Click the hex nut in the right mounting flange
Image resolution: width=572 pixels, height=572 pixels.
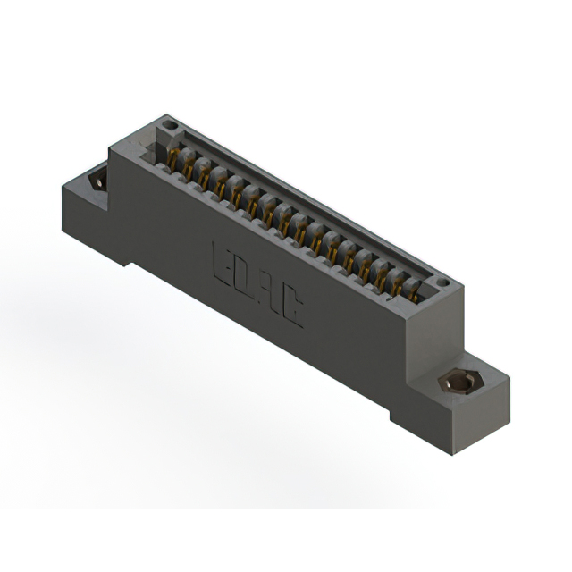coord(457,383)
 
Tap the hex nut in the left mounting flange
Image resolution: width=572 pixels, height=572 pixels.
coord(97,181)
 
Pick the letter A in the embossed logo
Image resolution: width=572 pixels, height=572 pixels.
coord(270,291)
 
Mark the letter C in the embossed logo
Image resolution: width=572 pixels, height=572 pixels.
coord(292,307)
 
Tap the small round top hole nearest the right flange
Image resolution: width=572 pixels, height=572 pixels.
coord(441,283)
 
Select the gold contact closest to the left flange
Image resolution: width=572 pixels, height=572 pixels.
coord(172,158)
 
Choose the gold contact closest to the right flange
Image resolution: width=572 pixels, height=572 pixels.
coord(414,289)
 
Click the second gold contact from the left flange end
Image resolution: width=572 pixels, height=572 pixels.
coord(189,167)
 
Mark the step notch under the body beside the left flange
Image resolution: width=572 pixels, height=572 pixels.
coord(130,262)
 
